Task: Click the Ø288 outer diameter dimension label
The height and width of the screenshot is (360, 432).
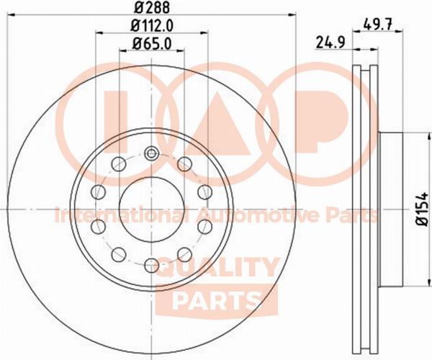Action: [x=151, y=7]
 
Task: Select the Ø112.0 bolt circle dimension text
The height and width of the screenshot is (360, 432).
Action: [x=151, y=26]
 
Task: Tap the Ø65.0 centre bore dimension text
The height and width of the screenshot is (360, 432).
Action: [x=151, y=44]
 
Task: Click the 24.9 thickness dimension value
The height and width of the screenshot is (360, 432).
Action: [x=330, y=43]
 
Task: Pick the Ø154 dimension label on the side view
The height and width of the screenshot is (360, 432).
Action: [x=422, y=210]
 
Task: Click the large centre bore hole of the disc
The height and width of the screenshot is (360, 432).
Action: [x=151, y=210]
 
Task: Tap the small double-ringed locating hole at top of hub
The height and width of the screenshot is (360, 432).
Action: [x=151, y=153]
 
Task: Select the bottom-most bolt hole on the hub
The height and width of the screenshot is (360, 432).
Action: [x=151, y=266]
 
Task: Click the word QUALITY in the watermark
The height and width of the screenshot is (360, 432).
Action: [x=216, y=268]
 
